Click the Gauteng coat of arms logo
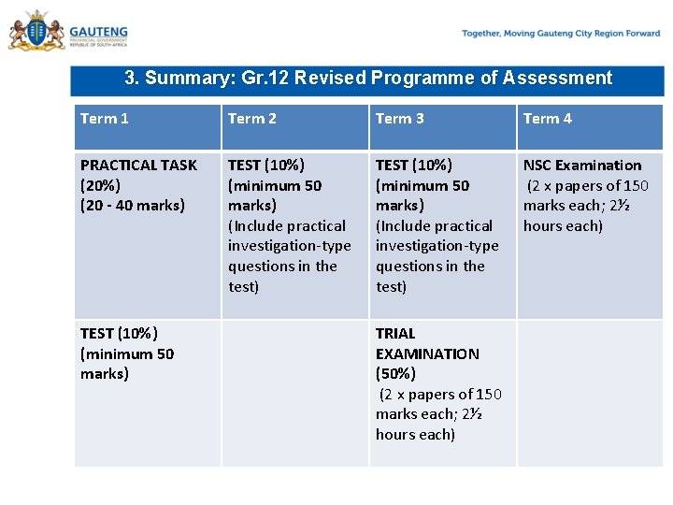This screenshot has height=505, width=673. tap(36, 33)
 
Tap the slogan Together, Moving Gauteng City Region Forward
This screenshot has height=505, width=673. tap(560, 34)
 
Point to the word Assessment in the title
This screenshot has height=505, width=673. tap(559, 79)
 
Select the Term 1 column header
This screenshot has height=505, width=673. tap(105, 119)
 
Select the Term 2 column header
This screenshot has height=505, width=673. tap(252, 119)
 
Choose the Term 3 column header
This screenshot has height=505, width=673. tap(400, 119)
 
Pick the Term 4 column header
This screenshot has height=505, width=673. tap(548, 119)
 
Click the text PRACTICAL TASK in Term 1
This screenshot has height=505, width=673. tap(138, 166)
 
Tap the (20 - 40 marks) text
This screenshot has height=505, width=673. tap(133, 206)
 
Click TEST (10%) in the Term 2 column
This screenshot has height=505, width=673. tap(266, 166)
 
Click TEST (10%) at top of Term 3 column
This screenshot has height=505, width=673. tap(414, 166)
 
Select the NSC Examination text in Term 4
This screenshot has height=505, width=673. tap(582, 166)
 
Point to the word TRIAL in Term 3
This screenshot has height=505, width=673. tap(395, 334)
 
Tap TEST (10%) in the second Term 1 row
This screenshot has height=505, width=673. tap(119, 334)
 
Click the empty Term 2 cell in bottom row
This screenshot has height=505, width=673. tap(294, 393)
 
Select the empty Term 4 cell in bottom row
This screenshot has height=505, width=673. tap(590, 393)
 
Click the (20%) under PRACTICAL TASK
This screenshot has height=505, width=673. tap(101, 185)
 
